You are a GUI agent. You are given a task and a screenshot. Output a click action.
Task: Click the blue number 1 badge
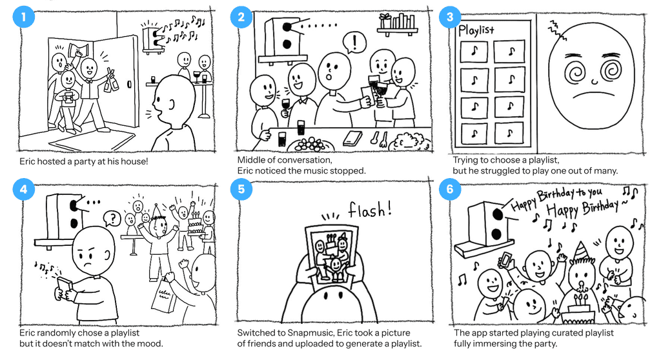pos(24,17)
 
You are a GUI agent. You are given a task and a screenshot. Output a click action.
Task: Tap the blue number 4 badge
pos(24,189)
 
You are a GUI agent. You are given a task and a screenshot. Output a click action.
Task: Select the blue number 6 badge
pos(450,189)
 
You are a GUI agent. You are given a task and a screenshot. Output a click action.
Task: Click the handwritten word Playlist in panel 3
pos(476,30)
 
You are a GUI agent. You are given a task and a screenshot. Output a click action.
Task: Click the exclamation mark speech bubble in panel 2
pos(354,43)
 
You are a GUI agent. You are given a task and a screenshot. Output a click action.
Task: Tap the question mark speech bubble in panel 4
pos(112,218)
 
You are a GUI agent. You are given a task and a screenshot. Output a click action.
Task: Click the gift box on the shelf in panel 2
pos(385,21)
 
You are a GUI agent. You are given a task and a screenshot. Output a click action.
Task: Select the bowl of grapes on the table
pos(311,145)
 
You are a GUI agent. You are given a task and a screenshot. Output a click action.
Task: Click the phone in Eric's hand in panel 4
pos(66,287)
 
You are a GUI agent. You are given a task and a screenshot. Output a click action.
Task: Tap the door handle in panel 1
pos(129,85)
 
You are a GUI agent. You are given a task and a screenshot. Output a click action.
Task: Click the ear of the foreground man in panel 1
pos(170,104)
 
